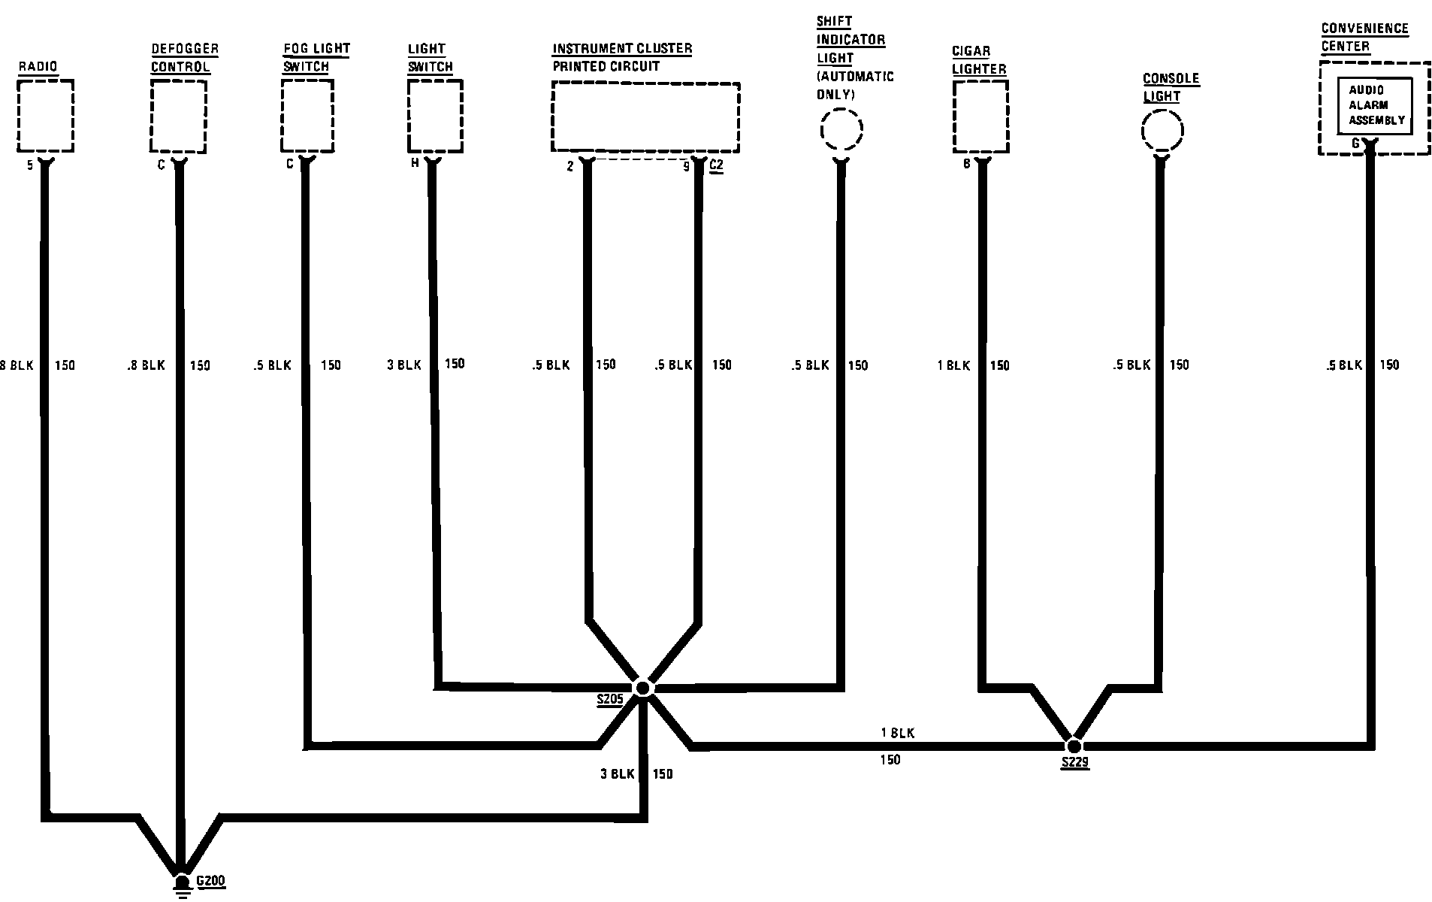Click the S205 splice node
coord(643,688)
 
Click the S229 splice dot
coord(1074,746)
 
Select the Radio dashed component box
coord(45,117)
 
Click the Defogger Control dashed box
coord(178,117)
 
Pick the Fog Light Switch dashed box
coord(307,116)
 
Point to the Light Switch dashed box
coord(435,116)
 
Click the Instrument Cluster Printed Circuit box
coord(645,117)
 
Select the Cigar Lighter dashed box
coord(980,117)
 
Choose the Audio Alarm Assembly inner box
coord(1374,105)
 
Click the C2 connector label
coord(716,165)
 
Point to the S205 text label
coord(610,700)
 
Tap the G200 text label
coord(210,882)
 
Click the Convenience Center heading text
coord(1364,38)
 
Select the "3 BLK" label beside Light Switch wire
coord(404,365)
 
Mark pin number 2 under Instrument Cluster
coord(570,166)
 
